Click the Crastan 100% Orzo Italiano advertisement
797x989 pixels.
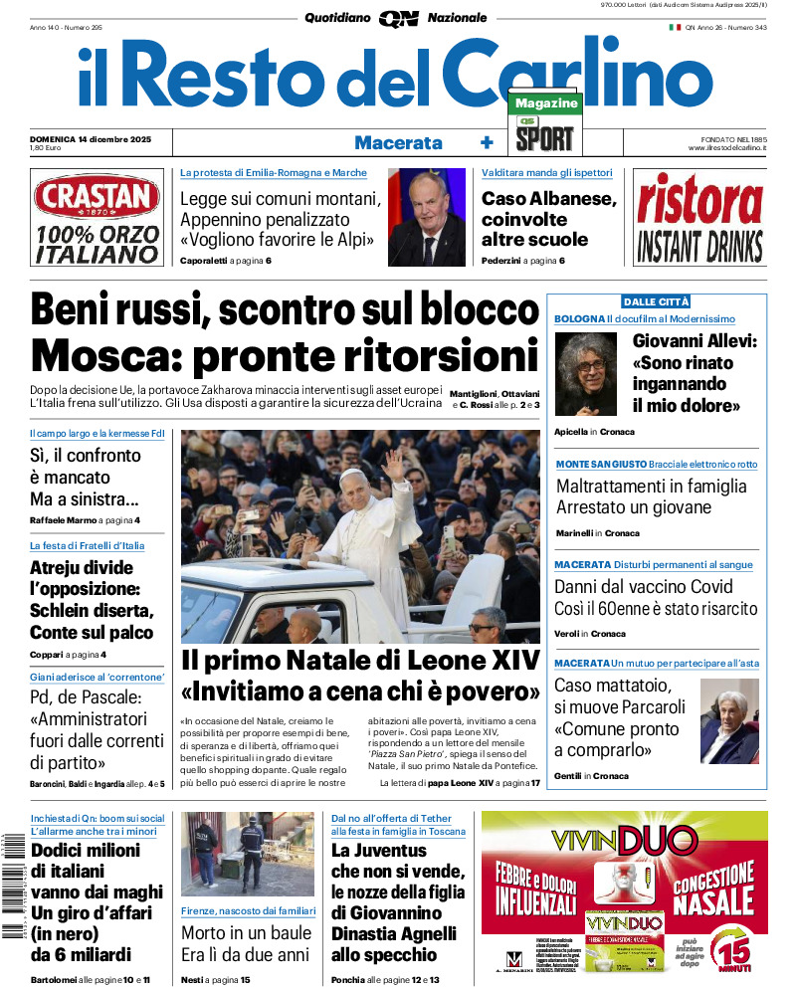coord(96,219)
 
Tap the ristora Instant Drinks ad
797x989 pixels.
coord(699,219)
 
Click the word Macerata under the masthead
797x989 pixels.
coord(398,142)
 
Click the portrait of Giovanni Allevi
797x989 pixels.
coord(587,373)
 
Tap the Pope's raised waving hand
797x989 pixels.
coord(395,464)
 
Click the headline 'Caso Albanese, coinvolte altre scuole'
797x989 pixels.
coord(549,218)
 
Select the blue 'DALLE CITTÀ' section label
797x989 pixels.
coord(656,301)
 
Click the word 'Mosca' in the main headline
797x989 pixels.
coord(104,355)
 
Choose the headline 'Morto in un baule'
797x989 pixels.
coord(246,933)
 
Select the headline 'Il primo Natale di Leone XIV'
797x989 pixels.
coord(360,660)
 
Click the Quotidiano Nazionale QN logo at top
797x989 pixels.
coord(397,18)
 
